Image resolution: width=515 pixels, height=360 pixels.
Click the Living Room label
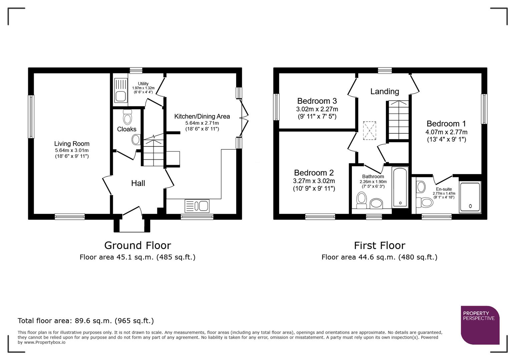72,144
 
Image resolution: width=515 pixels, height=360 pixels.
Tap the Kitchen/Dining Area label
202,116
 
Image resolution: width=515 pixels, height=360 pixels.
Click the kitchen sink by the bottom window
197,206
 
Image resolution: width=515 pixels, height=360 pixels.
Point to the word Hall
138,183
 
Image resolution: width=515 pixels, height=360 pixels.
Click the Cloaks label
126,129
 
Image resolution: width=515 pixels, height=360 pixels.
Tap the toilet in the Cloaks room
127,117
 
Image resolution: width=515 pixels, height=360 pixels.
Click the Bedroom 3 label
317,101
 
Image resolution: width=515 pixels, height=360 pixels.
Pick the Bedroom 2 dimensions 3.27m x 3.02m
314,181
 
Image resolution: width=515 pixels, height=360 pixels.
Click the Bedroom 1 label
446,124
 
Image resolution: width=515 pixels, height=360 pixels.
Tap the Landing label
384,91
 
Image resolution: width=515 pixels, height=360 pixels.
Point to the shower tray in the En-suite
470,197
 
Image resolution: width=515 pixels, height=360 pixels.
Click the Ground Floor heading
137,245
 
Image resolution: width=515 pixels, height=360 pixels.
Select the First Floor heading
379,245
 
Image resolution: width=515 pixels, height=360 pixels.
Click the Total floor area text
86,321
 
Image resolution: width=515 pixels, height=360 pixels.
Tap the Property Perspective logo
480,325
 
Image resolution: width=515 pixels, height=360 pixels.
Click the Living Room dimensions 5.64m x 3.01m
72,151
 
